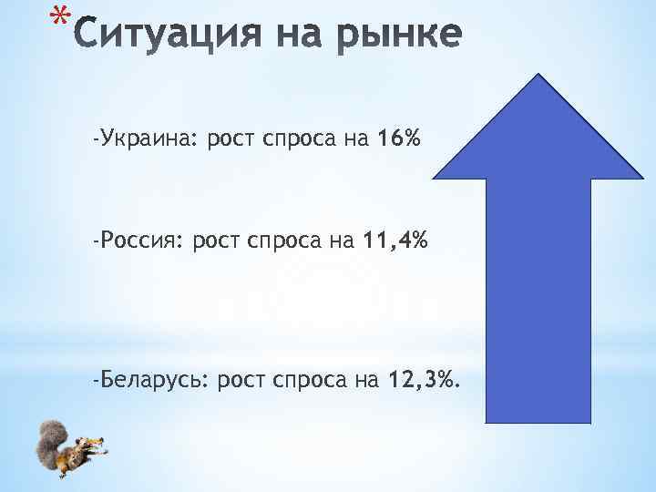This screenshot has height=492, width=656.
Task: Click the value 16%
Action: tap(399, 139)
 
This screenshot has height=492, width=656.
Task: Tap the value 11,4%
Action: tap(395, 241)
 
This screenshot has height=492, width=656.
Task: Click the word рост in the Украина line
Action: tap(231, 139)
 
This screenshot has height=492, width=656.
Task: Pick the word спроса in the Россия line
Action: tap(278, 241)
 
